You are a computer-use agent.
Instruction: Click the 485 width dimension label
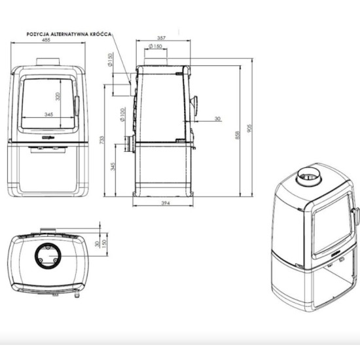point(46,40)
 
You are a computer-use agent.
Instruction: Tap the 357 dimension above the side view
point(161,38)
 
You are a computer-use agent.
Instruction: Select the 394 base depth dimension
point(166,203)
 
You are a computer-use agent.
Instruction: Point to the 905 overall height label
point(249,128)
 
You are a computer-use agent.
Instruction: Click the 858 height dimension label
point(238,135)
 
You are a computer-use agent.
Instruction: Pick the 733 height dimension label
point(101,140)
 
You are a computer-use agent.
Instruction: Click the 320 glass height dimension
point(58,96)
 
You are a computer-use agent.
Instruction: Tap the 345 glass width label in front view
point(48,114)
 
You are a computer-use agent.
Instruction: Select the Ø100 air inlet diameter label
point(122,115)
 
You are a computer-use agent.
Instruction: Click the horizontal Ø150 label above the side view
point(155,46)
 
